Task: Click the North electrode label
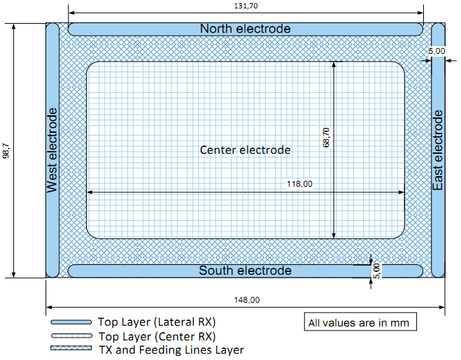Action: [x=245, y=29]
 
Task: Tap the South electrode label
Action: [x=245, y=271]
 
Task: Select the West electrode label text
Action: [x=52, y=150]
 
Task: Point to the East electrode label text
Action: [x=438, y=151]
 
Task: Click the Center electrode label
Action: [x=245, y=150]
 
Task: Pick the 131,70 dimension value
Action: [x=246, y=6]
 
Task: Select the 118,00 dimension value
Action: [x=299, y=184]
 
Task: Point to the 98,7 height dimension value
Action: [x=6, y=150]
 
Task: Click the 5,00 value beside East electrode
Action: [x=437, y=51]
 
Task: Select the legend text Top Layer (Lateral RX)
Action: [x=156, y=322]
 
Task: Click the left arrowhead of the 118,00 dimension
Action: [x=88, y=192]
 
